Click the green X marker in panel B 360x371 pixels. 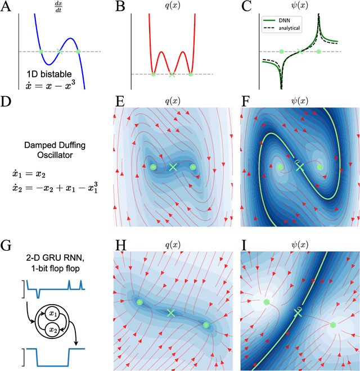tap(172, 74)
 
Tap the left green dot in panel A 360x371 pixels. tap(40, 52)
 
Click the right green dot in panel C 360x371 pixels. tap(319, 52)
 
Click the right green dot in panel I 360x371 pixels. tap(333, 324)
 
